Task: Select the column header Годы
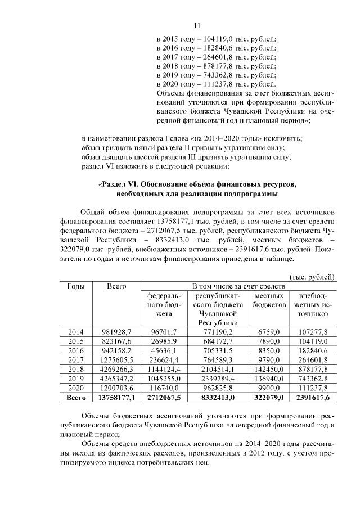click(76, 286)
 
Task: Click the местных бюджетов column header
click(268, 300)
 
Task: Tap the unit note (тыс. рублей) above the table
click(313, 277)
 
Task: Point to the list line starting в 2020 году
click(215, 83)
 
